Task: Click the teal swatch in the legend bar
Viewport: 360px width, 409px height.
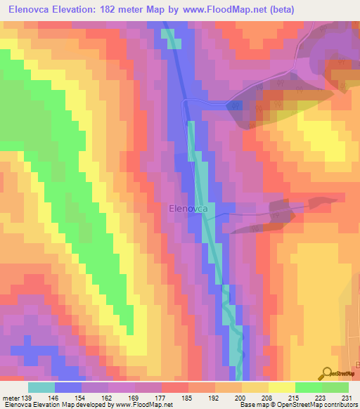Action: coord(41,388)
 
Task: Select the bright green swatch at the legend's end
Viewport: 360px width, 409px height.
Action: coord(335,388)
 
